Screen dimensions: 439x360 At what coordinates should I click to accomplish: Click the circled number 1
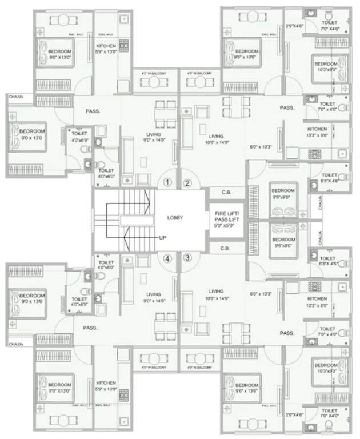coord(167,183)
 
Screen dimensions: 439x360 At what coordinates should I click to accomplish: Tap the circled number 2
coord(187,183)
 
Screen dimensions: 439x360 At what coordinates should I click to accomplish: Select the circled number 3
coord(187,257)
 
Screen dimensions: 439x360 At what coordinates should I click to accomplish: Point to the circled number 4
coord(167,257)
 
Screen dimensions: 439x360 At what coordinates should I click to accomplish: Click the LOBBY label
coord(175,218)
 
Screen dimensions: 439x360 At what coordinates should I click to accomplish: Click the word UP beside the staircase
coord(163,237)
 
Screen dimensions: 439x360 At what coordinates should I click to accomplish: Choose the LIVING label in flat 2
coord(216,136)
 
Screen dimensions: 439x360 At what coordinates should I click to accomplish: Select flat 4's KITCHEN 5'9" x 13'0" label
coord(106,385)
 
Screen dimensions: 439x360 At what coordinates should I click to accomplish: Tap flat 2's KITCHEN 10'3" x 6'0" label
coord(317,132)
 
